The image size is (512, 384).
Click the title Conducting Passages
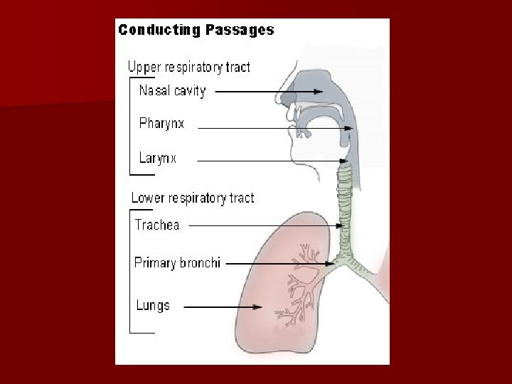(196, 30)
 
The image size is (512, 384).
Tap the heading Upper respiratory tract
(188, 68)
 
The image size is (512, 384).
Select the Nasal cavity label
(172, 91)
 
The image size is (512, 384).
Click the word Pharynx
(161, 124)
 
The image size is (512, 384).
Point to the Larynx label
(157, 159)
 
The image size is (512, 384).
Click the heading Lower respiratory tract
(192, 198)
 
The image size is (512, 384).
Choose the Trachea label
(157, 225)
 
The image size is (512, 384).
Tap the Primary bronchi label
(177, 263)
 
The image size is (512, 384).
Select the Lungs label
(153, 306)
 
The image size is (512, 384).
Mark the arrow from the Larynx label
(270, 161)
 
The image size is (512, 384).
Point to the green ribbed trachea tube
(346, 206)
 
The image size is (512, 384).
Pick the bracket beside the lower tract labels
(132, 271)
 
